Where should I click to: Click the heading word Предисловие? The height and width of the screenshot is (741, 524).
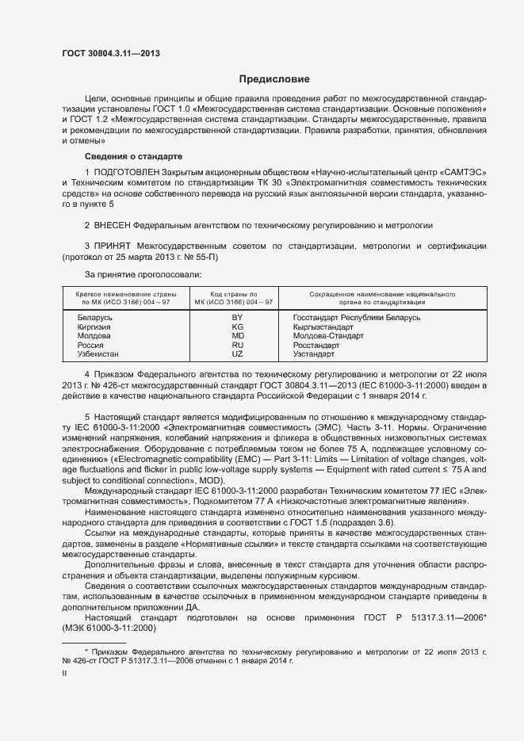[274, 79]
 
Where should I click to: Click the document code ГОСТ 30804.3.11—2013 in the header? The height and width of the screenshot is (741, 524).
[111, 53]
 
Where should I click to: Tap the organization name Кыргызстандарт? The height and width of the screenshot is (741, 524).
[329, 327]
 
